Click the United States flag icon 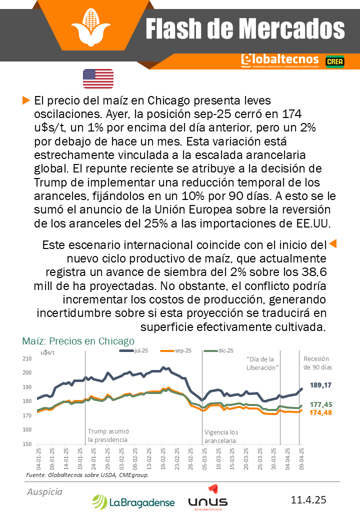(98, 78)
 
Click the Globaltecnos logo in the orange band (279, 60)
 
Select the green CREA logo (333, 61)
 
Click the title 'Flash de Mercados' (245, 29)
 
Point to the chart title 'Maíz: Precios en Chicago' (78, 341)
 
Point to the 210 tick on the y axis (26, 358)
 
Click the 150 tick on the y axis (26, 444)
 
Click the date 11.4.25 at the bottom (308, 499)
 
